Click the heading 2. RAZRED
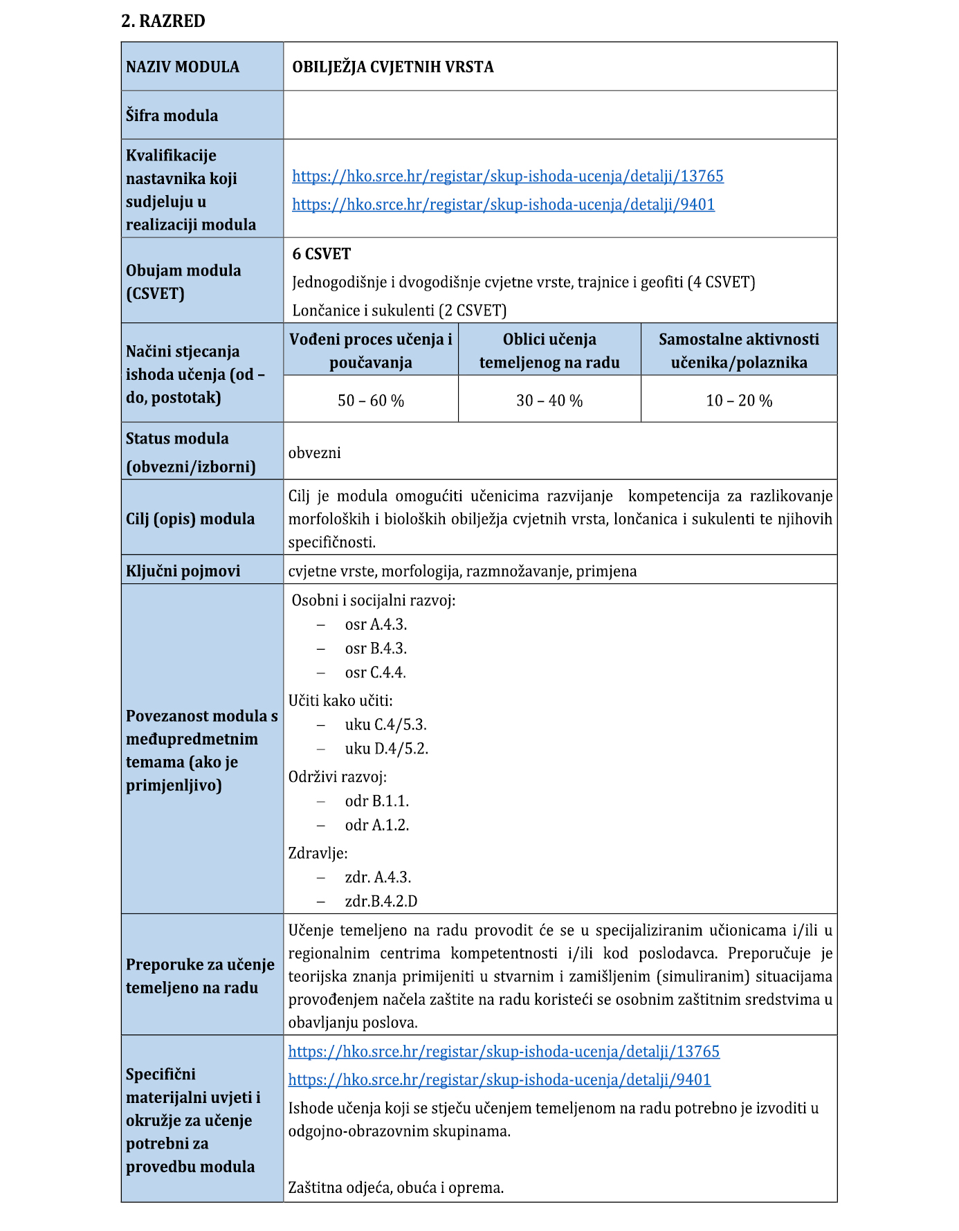pos(163,21)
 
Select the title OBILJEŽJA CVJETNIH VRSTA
pos(392,67)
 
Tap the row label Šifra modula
pos(172,116)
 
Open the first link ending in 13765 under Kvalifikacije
pos(507,176)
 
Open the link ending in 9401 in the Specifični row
pos(499,1079)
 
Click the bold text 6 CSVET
pos(321,254)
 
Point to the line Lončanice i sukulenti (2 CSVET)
pos(399,310)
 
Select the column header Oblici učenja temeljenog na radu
pos(549,350)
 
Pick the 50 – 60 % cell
pos(371,401)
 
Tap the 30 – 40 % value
pos(549,401)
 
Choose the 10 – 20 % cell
pos(739,401)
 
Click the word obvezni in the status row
pos(315,453)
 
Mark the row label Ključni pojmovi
pos(183,571)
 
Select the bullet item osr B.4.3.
pos(376,648)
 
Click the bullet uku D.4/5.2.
pos(386,749)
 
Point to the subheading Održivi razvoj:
pos(338,776)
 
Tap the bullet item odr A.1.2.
pos(377,825)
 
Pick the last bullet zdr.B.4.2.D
pos(381,901)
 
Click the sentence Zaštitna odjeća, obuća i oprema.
pos(396,1187)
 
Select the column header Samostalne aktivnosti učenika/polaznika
pos(739,350)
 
